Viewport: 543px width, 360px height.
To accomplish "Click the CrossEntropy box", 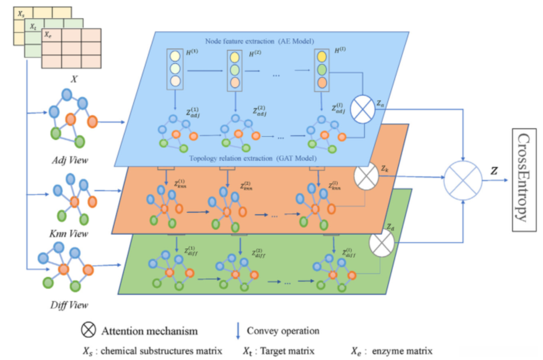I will [524, 180].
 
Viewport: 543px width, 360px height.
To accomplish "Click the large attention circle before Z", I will [463, 180].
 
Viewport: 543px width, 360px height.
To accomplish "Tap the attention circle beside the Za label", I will [363, 109].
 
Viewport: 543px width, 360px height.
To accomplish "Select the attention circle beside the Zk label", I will [366, 176].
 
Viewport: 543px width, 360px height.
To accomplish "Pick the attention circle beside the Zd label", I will [381, 243].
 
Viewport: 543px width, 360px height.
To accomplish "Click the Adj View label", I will [70, 160].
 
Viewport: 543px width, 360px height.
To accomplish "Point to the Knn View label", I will [69, 234].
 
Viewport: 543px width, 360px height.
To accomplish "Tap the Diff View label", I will [69, 305].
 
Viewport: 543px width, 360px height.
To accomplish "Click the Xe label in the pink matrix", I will [48, 34].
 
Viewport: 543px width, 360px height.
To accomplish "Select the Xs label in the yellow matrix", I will [21, 14].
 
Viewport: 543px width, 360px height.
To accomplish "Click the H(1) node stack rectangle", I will [175, 69].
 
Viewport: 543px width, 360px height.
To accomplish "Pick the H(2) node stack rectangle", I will [235, 71].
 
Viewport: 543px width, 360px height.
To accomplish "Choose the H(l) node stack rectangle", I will [321, 70].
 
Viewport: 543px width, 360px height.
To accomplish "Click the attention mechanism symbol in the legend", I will [88, 330].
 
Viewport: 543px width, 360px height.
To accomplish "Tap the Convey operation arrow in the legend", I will [238, 331].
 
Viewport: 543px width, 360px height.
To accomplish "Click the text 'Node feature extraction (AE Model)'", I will [259, 41].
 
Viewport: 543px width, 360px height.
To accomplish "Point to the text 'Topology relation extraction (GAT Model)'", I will [253, 158].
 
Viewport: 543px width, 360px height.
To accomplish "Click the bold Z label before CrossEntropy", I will [494, 171].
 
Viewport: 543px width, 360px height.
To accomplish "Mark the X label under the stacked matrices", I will [74, 79].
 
